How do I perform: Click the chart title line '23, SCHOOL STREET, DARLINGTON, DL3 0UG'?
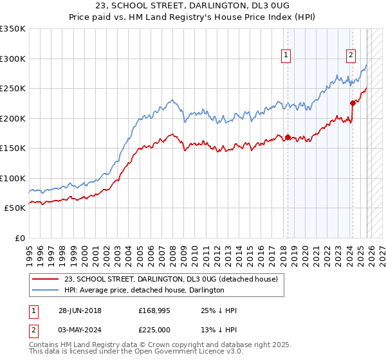[193, 6]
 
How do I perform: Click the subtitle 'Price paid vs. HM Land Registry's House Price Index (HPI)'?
[193, 17]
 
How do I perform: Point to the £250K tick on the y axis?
[13, 88]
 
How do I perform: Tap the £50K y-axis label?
[15, 208]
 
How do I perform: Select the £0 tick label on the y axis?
[20, 238]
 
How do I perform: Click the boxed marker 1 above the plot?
[286, 55]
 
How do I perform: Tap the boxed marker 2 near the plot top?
[351, 55]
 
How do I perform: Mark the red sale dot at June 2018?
[288, 137]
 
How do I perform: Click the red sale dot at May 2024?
[352, 103]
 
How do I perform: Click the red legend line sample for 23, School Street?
[45, 279]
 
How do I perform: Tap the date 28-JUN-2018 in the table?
[81, 310]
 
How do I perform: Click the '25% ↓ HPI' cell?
[219, 310]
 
